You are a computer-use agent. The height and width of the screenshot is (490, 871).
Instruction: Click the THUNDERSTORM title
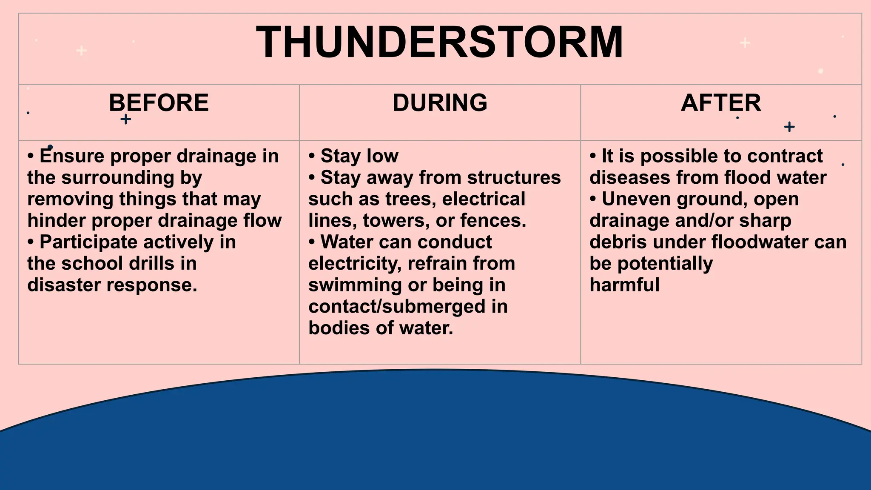440,43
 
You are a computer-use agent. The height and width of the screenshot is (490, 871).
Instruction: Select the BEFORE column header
159,103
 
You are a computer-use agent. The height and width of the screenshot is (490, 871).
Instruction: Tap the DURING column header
440,103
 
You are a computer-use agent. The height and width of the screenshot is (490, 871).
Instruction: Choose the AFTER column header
721,103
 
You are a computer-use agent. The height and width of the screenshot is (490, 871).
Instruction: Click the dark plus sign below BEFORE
125,119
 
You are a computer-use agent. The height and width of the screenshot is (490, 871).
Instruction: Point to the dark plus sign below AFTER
789,127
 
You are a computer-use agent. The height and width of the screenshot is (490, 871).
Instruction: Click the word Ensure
72,156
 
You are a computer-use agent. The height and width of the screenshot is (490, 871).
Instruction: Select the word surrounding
118,178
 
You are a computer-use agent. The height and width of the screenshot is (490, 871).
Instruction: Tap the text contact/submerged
396,307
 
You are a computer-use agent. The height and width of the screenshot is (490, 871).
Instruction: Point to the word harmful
624,285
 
